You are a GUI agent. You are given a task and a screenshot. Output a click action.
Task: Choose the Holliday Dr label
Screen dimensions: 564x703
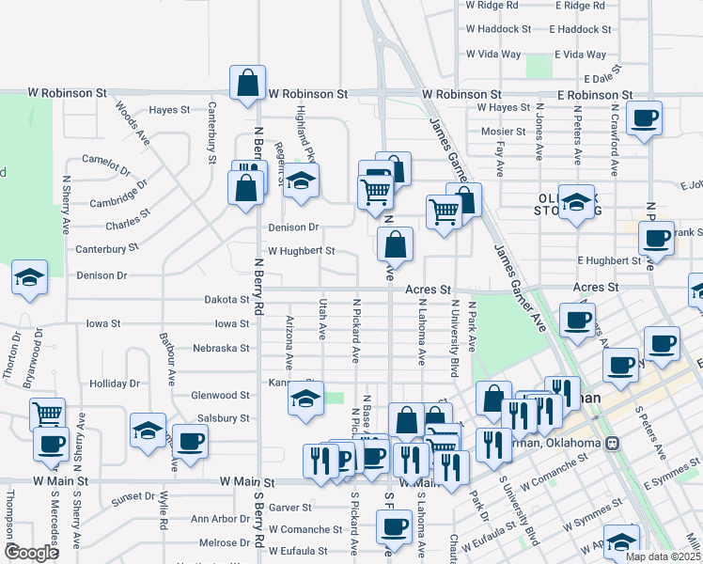coord(114,384)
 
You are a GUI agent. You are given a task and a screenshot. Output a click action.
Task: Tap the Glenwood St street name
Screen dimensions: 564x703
coord(220,396)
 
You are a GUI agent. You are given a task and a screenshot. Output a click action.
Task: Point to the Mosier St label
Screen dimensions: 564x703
coord(496,132)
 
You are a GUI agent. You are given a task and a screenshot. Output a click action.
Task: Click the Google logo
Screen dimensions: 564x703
coord(31,553)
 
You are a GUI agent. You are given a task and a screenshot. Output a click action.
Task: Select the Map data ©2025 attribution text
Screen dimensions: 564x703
coord(663,556)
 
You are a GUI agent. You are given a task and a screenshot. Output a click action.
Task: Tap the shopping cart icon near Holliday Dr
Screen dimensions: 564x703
coord(47,413)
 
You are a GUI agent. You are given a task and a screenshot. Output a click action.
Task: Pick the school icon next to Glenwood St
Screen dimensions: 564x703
coord(305,399)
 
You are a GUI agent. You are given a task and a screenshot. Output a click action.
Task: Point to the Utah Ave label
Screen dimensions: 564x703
coord(322,318)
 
